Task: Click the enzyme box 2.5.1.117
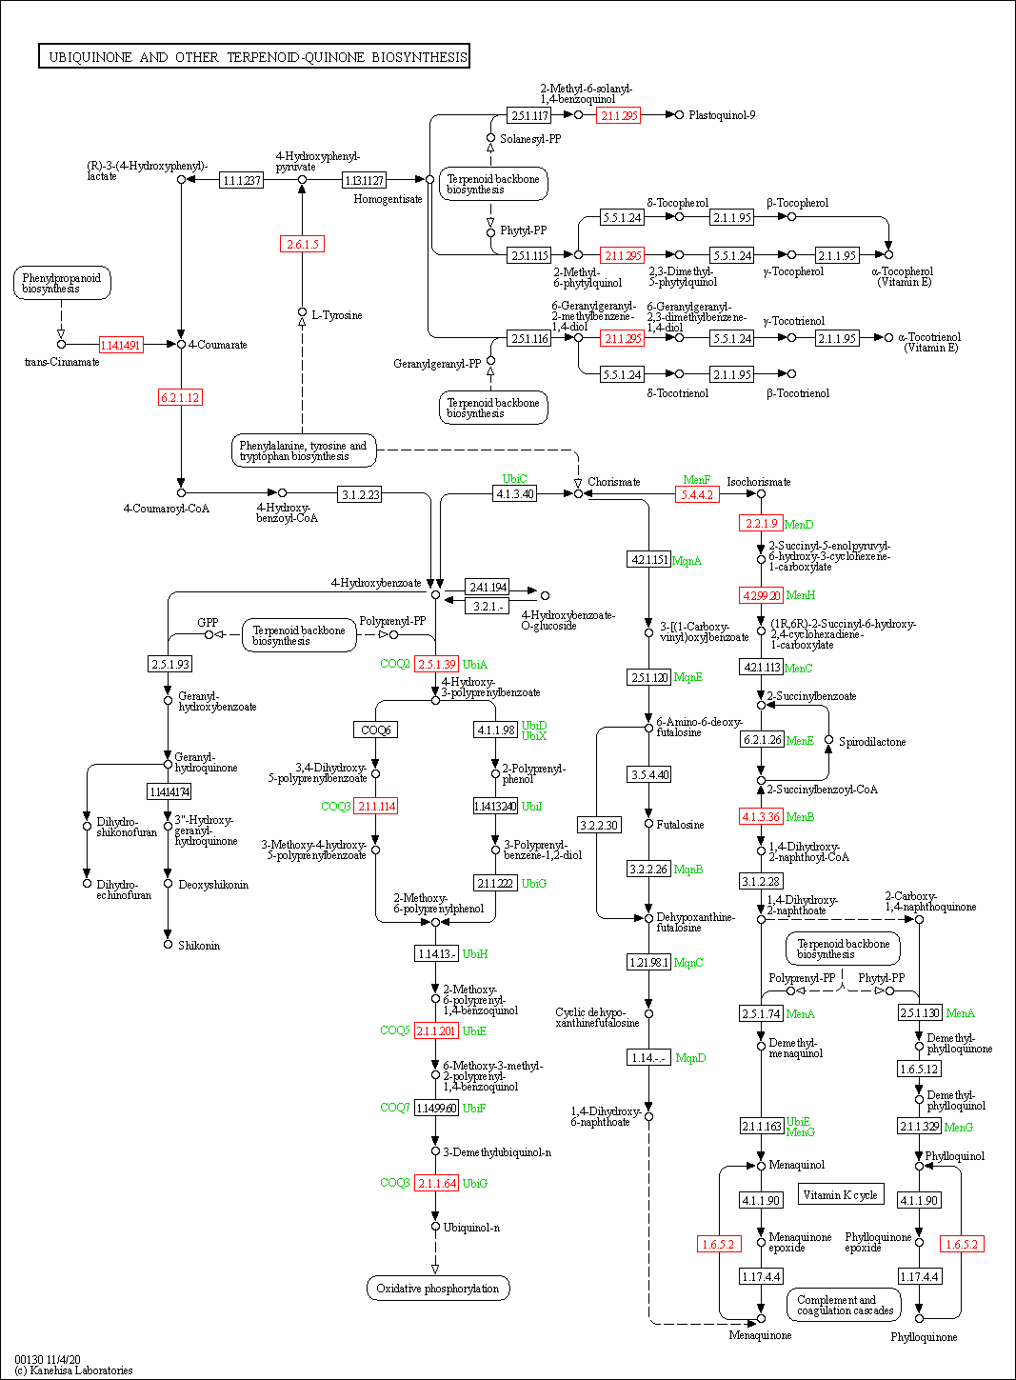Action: [529, 115]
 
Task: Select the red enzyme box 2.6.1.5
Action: [302, 245]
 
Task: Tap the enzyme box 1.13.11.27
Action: [364, 180]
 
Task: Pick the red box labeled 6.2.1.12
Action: [180, 398]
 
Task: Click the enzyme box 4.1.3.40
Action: [515, 493]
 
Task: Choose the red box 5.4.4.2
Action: [697, 495]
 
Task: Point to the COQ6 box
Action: [375, 730]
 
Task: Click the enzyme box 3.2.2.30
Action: [599, 825]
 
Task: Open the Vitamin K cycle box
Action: [840, 1195]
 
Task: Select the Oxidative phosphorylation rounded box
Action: [437, 1289]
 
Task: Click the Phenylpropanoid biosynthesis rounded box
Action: [62, 283]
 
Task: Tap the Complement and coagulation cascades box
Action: [844, 1305]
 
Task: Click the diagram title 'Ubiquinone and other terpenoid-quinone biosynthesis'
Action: [254, 57]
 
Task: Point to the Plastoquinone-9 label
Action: [722, 115]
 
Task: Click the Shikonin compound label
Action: [199, 946]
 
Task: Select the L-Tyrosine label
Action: [336, 315]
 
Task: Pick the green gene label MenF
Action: [697, 480]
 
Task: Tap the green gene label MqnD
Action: [690, 1058]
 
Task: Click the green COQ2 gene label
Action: [394, 664]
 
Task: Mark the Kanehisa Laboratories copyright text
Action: [73, 1370]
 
